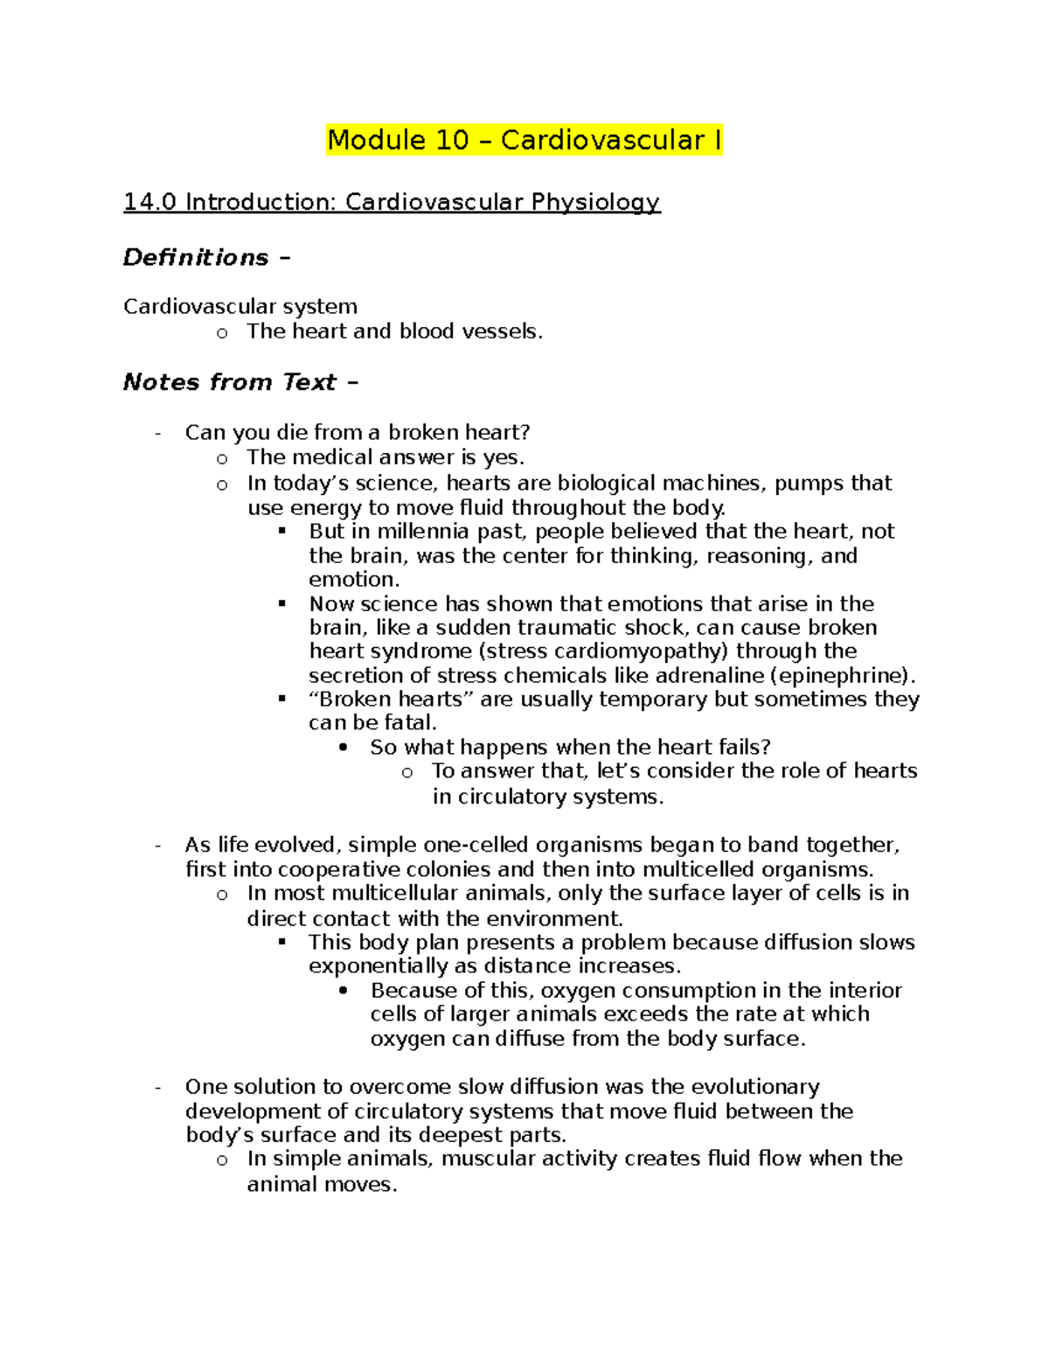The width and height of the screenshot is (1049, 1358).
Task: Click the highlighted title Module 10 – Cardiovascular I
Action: (524, 140)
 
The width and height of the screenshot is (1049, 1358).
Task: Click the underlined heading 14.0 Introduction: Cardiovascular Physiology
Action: (392, 202)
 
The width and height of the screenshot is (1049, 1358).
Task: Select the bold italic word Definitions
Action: (196, 257)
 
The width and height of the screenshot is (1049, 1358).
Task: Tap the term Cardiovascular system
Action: (240, 306)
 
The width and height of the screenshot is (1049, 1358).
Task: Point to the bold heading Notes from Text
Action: (229, 382)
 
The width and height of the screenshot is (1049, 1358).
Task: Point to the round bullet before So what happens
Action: (343, 748)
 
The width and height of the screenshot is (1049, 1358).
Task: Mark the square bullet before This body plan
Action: (281, 942)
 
